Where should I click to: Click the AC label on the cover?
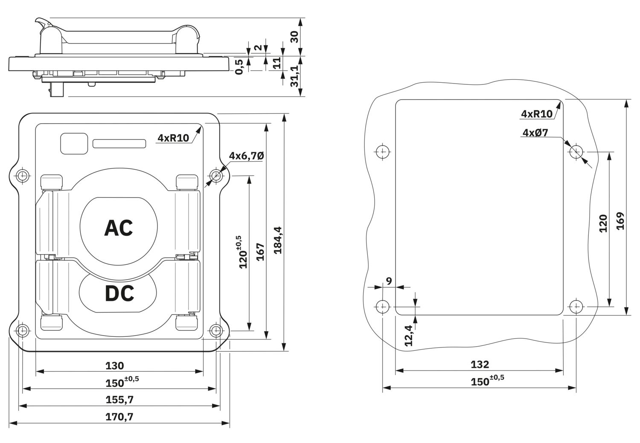[x=119, y=228]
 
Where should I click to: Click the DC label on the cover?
[x=119, y=293]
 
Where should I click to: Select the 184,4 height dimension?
[x=278, y=240]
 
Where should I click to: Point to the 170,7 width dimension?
[x=119, y=417]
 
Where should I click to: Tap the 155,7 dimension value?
[x=119, y=400]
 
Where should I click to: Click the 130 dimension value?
[x=115, y=366]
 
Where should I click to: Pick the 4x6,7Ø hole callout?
[x=247, y=156]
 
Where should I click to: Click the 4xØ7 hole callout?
[x=535, y=133]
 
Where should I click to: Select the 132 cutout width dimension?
[x=480, y=364]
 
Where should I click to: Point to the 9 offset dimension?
[x=389, y=281]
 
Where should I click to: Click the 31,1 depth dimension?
[x=294, y=76]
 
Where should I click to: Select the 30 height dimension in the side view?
[x=294, y=37]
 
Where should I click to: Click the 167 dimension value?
[x=261, y=252]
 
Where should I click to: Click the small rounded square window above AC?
[x=74, y=144]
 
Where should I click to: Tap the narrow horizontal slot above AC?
[x=119, y=144]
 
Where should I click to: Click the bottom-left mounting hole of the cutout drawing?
[x=382, y=307]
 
